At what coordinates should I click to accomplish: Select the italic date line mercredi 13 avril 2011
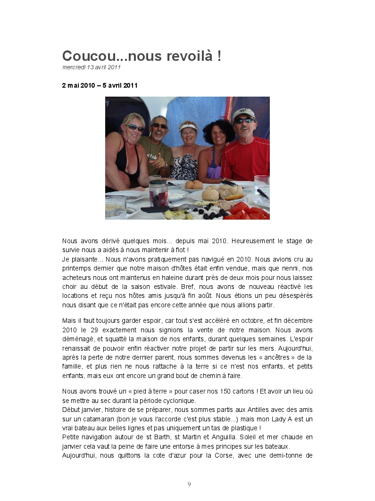pyautogui.click(x=92, y=67)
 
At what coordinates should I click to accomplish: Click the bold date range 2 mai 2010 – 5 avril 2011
pyautogui.click(x=100, y=85)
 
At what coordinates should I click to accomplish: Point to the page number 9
pyautogui.click(x=189, y=484)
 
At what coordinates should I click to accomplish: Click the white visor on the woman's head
pyautogui.click(x=188, y=126)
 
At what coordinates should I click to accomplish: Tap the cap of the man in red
pyautogui.click(x=243, y=113)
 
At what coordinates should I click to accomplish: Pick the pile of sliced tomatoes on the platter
pyautogui.click(x=246, y=211)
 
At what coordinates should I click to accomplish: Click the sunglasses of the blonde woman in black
pyautogui.click(x=134, y=127)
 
